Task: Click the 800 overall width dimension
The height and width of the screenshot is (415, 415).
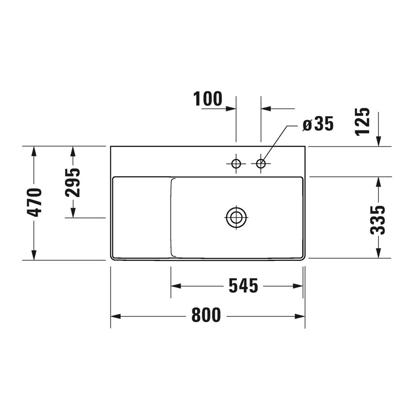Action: (x=206, y=315)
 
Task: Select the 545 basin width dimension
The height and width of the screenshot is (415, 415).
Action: (x=243, y=286)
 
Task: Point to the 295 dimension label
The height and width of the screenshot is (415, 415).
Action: (x=73, y=182)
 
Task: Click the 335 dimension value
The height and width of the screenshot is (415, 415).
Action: (x=377, y=220)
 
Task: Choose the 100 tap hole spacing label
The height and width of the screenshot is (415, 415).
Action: (x=207, y=99)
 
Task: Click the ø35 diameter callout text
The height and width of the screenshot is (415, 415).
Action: (x=318, y=124)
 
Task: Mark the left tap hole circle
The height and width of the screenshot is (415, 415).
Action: (x=236, y=164)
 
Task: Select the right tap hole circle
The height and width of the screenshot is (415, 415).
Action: (x=261, y=164)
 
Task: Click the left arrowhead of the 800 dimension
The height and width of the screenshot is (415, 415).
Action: (x=116, y=316)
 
